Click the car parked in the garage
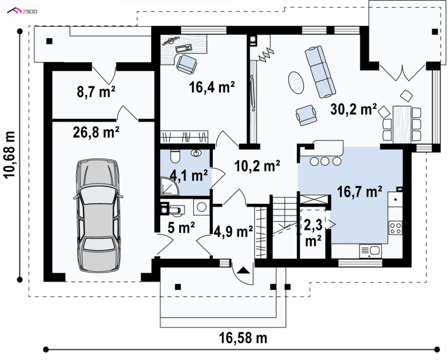point(97,216)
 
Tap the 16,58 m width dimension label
point(243,338)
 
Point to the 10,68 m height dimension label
point(10,155)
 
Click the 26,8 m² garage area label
point(96,132)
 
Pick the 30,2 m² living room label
point(354,109)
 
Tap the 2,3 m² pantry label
point(313,232)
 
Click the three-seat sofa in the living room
point(320,72)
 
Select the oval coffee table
point(296,82)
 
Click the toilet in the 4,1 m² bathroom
point(175,156)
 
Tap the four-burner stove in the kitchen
point(395,228)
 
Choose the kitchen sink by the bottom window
point(370,251)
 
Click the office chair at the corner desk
point(186,64)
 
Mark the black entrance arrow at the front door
point(242,270)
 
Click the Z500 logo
point(22,11)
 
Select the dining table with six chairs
point(402,124)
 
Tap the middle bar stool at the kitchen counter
point(325,161)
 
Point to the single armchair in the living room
point(306,115)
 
